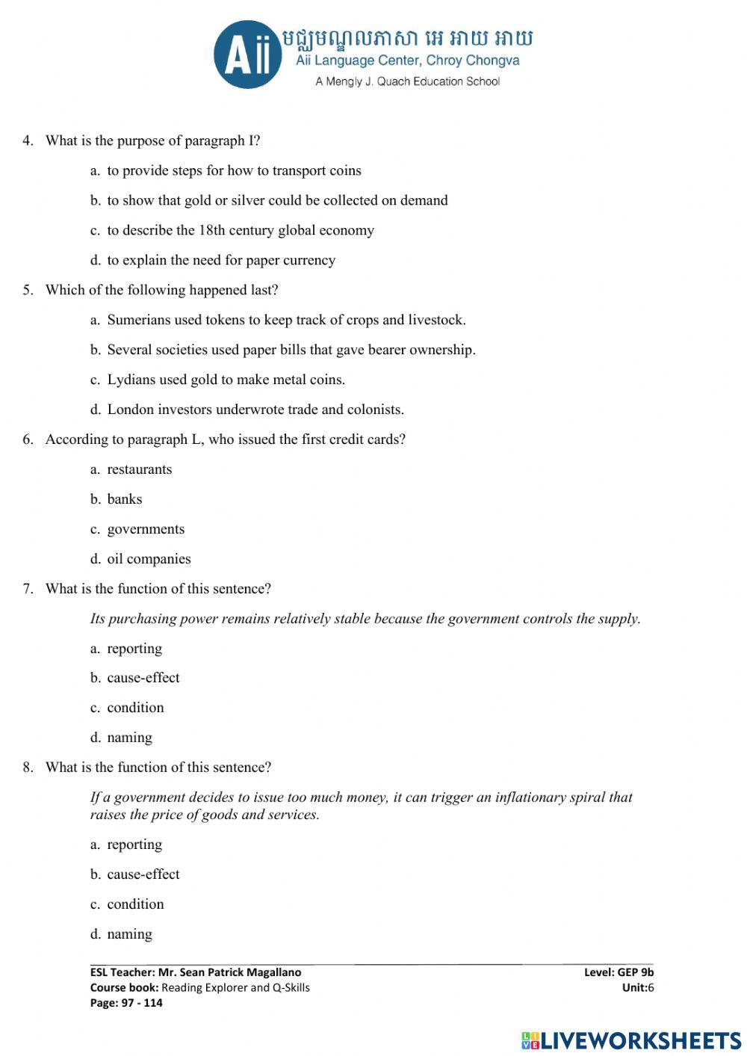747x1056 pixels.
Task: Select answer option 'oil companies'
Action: pos(149,559)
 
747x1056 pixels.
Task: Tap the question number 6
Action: pos(28,439)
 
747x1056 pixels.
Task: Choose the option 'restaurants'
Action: pos(139,469)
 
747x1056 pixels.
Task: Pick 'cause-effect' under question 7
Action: pos(143,678)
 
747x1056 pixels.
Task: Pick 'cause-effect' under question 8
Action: pos(143,874)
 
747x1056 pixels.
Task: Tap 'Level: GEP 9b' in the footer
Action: pos(619,972)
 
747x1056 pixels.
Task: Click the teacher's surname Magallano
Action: pos(274,972)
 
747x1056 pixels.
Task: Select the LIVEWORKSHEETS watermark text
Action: pos(640,1040)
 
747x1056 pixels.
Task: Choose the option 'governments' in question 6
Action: pos(146,529)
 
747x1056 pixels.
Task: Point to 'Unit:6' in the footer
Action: pos(637,987)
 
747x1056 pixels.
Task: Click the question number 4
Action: pos(28,141)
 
